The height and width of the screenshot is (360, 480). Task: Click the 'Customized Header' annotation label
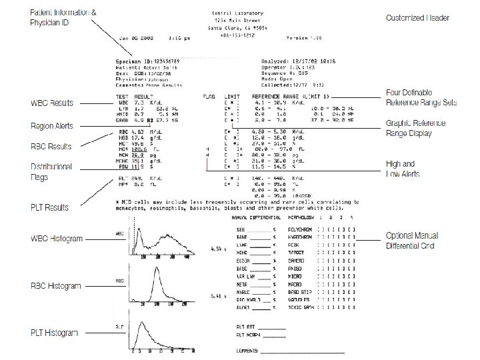pyautogui.click(x=417, y=18)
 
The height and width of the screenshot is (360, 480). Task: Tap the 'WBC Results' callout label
pyautogui.click(x=52, y=103)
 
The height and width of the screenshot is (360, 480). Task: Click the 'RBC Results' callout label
pyautogui.click(x=51, y=146)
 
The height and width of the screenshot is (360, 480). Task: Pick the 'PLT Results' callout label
pyautogui.click(x=50, y=208)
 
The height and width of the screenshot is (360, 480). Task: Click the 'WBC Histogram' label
pyautogui.click(x=57, y=238)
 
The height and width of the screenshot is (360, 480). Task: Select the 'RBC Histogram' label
pyautogui.click(x=57, y=286)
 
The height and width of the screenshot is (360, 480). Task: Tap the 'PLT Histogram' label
pyautogui.click(x=55, y=333)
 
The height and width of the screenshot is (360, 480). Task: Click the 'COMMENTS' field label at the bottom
pyautogui.click(x=247, y=351)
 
